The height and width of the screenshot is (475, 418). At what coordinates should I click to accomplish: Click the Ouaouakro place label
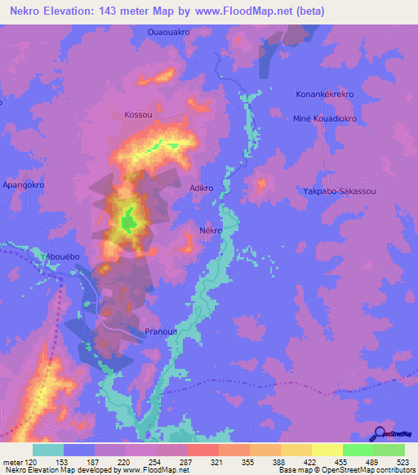click(x=169, y=32)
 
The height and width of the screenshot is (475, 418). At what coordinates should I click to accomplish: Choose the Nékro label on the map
click(x=211, y=231)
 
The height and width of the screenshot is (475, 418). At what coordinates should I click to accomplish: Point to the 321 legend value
click(x=217, y=462)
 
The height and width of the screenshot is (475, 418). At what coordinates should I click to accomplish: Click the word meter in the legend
click(x=11, y=462)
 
